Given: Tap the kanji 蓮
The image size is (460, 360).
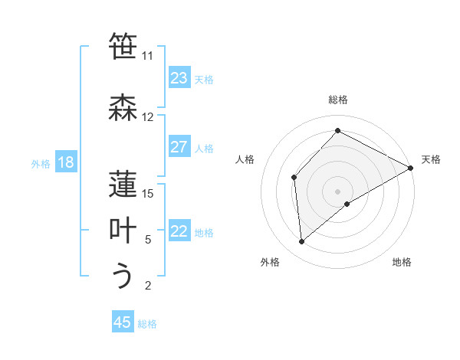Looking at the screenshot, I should (x=123, y=184).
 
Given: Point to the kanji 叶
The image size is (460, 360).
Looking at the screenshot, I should (x=123, y=230).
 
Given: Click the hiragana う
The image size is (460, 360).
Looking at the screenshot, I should (x=123, y=275).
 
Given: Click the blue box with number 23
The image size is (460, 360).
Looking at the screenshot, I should (x=179, y=78).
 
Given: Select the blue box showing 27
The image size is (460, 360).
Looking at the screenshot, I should (x=179, y=147).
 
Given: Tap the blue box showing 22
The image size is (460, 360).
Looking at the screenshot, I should (x=179, y=231).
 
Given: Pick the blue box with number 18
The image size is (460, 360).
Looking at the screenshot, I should (x=65, y=162).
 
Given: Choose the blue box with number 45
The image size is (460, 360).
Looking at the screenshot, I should (x=123, y=322).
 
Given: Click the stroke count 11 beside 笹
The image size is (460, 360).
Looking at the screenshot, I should (x=147, y=56).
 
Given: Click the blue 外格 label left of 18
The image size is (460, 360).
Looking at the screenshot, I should (x=41, y=163).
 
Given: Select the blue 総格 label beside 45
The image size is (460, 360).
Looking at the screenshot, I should (x=147, y=323).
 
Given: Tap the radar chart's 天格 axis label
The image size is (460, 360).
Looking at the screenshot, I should (x=431, y=159).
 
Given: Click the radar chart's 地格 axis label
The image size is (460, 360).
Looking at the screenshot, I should (x=402, y=262).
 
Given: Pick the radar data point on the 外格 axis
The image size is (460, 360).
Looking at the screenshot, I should (x=302, y=242).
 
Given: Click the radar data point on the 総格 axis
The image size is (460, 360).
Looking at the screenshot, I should (x=337, y=131).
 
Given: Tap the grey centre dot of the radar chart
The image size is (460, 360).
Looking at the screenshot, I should (x=337, y=191).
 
